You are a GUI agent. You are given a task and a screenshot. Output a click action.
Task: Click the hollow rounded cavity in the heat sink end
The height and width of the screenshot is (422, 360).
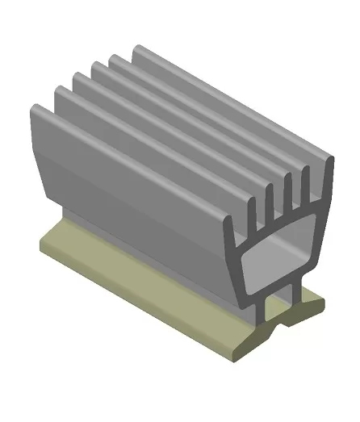[275, 262]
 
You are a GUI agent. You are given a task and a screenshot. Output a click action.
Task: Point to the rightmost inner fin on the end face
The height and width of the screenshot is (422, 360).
[306, 182]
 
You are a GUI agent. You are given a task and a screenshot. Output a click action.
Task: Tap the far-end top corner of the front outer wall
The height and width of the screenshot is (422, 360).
[34, 107]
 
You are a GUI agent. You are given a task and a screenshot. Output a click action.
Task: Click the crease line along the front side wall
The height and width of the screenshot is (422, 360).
[137, 194]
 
